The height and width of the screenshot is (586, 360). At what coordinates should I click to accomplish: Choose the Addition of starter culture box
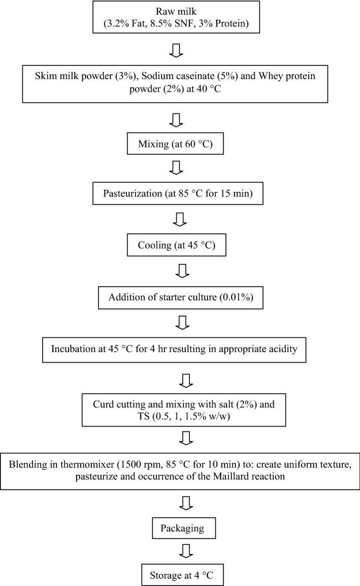(x=180, y=297)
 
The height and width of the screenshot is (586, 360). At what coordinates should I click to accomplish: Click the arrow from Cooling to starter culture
(x=181, y=271)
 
